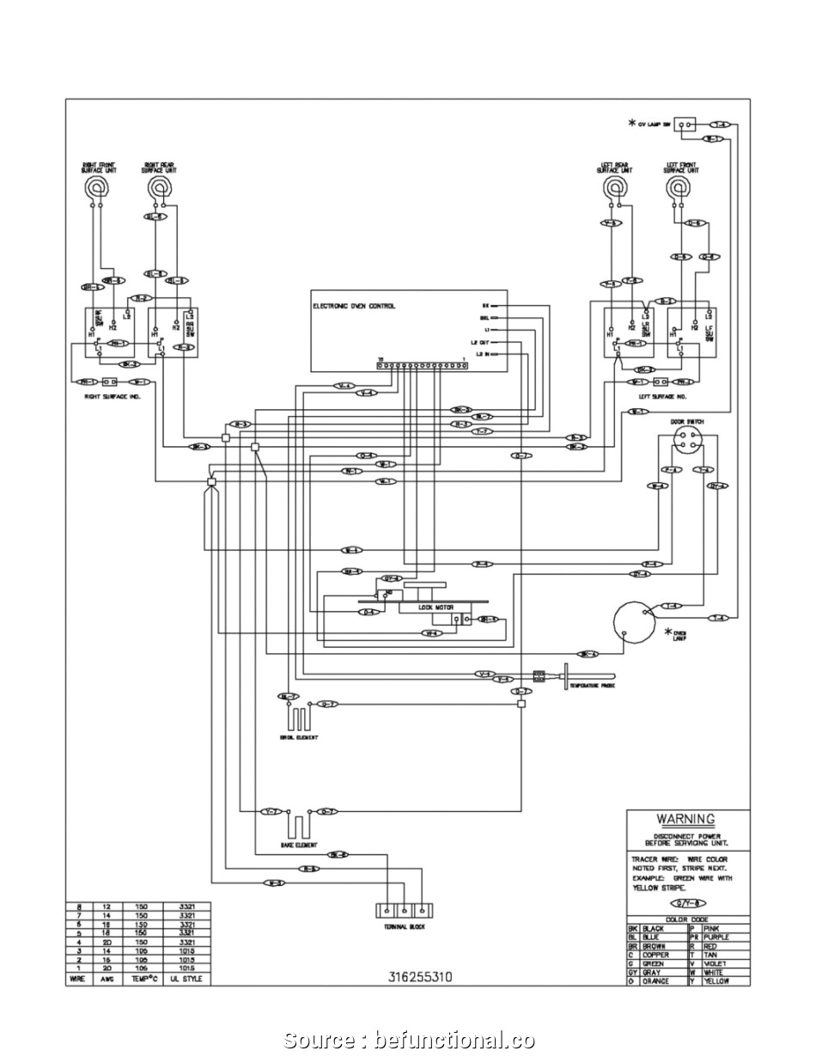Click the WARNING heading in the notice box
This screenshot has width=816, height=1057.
point(685,819)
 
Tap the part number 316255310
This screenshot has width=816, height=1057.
point(420,977)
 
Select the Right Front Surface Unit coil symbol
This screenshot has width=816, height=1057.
point(99,186)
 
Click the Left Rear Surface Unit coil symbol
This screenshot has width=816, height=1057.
point(612,187)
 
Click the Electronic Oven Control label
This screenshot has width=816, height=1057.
point(353,306)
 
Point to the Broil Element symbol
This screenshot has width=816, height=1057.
point(298,718)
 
